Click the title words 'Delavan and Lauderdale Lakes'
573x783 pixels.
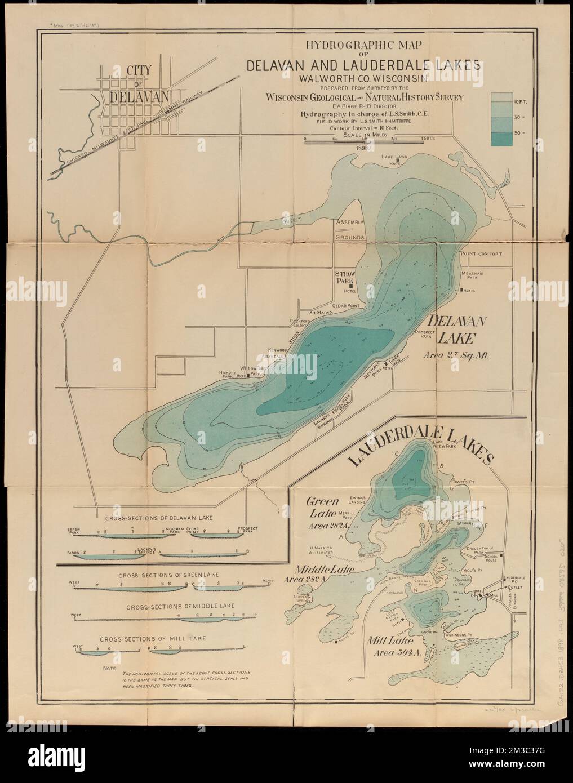click(364, 64)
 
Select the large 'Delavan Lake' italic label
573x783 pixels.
click(452, 330)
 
